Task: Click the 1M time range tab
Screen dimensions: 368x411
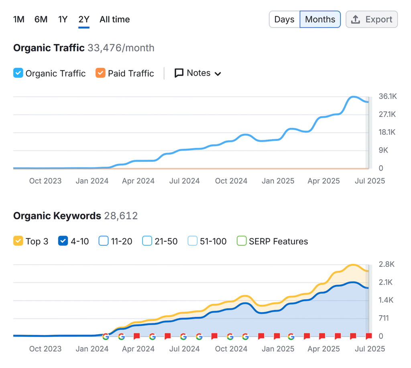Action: pyautogui.click(x=19, y=19)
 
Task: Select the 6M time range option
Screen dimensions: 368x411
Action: pyautogui.click(x=41, y=19)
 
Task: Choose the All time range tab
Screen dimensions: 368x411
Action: pyautogui.click(x=115, y=19)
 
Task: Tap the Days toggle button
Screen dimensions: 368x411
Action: pyautogui.click(x=284, y=19)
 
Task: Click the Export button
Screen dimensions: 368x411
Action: pyautogui.click(x=372, y=19)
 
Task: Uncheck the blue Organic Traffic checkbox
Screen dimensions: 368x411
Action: pyautogui.click(x=18, y=73)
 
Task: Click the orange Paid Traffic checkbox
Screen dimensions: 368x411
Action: pyautogui.click(x=100, y=73)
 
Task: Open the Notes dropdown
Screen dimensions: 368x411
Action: pyautogui.click(x=198, y=73)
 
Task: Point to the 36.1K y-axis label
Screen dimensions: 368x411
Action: pyautogui.click(x=387, y=97)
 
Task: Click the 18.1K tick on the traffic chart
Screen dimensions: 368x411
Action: pyautogui.click(x=387, y=132)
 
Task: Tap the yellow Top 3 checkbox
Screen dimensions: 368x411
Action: pyautogui.click(x=18, y=241)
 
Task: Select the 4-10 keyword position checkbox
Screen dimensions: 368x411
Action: pyautogui.click(x=63, y=241)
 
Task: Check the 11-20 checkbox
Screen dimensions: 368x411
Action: pyautogui.click(x=104, y=241)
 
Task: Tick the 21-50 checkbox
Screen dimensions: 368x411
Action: pyautogui.click(x=147, y=241)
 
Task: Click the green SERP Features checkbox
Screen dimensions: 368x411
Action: pyautogui.click(x=242, y=241)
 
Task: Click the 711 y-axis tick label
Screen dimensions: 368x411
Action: pyautogui.click(x=384, y=318)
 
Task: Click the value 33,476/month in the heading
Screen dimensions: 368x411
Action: pyautogui.click(x=121, y=48)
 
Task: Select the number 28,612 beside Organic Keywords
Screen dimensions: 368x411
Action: pyautogui.click(x=121, y=216)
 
